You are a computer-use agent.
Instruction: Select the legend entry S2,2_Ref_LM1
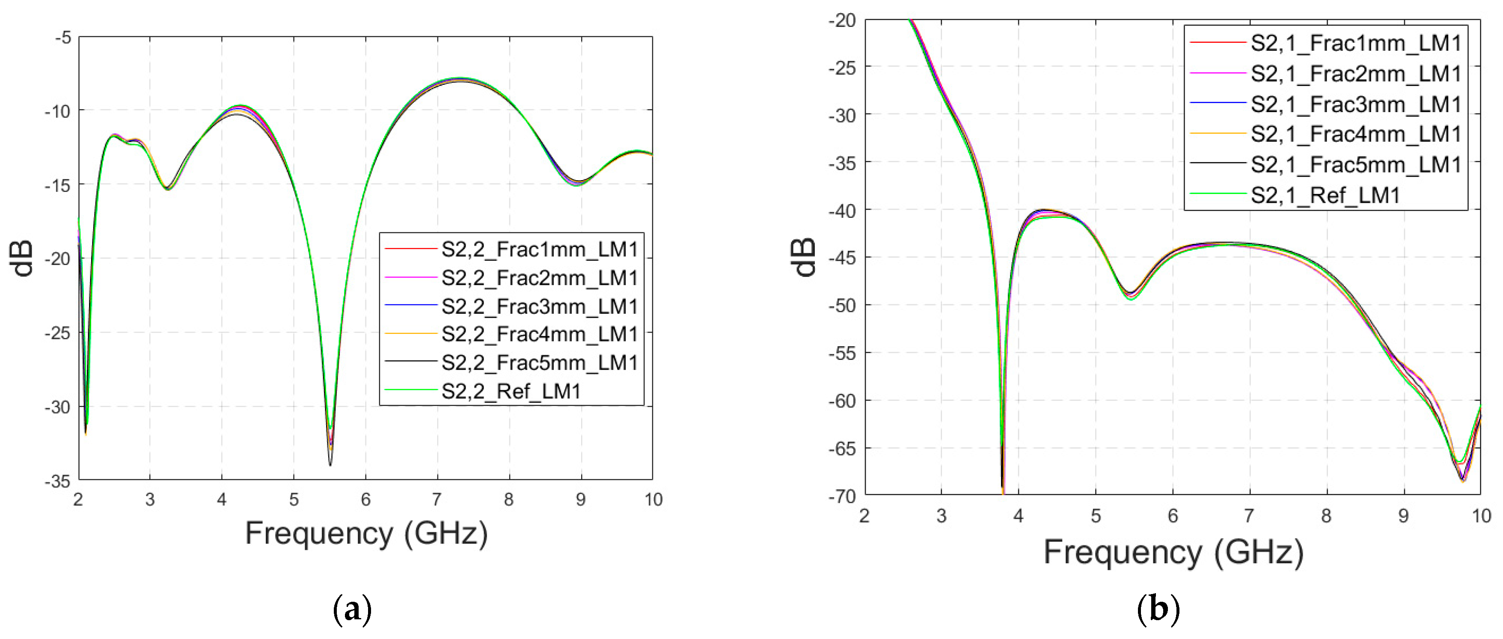click(511, 391)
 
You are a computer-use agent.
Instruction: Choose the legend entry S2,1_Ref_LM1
click(1325, 195)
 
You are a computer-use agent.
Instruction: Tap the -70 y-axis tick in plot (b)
click(842, 496)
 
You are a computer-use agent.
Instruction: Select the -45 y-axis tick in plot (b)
click(842, 257)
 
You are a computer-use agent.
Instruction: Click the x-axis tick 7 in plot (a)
click(437, 499)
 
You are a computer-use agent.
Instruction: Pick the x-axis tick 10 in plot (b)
click(1481, 516)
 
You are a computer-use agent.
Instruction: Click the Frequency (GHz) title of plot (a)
click(366, 533)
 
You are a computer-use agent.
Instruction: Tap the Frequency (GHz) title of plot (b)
click(1173, 552)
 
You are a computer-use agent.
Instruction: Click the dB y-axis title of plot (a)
click(22, 258)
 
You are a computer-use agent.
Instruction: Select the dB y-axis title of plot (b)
click(804, 257)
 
